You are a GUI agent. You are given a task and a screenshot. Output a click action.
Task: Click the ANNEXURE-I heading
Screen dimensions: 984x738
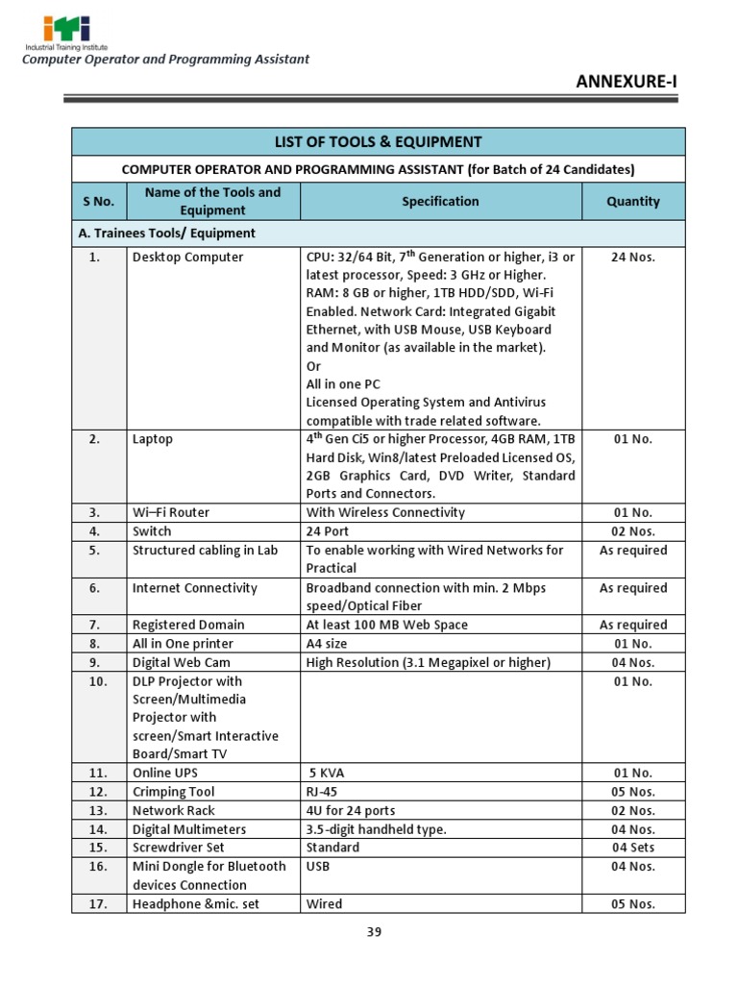pos(626,81)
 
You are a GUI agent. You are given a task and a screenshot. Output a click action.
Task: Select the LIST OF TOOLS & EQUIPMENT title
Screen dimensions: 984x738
pos(378,142)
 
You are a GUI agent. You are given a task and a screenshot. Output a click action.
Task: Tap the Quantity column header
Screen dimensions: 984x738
pos(633,202)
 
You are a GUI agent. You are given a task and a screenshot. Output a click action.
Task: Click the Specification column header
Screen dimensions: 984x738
pos(440,202)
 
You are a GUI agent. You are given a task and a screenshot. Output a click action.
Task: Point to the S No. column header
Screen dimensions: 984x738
pos(98,202)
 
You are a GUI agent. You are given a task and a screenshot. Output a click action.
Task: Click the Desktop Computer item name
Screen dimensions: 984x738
pos(187,258)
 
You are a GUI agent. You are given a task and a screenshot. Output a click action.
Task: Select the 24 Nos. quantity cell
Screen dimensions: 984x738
pos(633,258)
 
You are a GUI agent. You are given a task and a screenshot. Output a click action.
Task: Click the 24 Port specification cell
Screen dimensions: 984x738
pos(327,531)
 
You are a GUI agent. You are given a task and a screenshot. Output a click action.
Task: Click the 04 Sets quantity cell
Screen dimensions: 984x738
pos(633,848)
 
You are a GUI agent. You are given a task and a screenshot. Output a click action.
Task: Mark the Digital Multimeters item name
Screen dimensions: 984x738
pos(189,829)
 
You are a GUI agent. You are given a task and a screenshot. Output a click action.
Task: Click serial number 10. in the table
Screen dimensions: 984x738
pos(98,681)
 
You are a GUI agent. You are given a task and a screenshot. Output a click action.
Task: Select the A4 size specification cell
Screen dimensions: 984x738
pos(327,644)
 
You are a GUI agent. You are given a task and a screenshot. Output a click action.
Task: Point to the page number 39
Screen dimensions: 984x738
pos(374,931)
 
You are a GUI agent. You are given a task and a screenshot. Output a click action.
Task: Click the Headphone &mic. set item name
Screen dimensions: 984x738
pos(196,903)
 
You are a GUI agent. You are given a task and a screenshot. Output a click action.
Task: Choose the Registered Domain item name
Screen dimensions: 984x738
pos(188,625)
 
